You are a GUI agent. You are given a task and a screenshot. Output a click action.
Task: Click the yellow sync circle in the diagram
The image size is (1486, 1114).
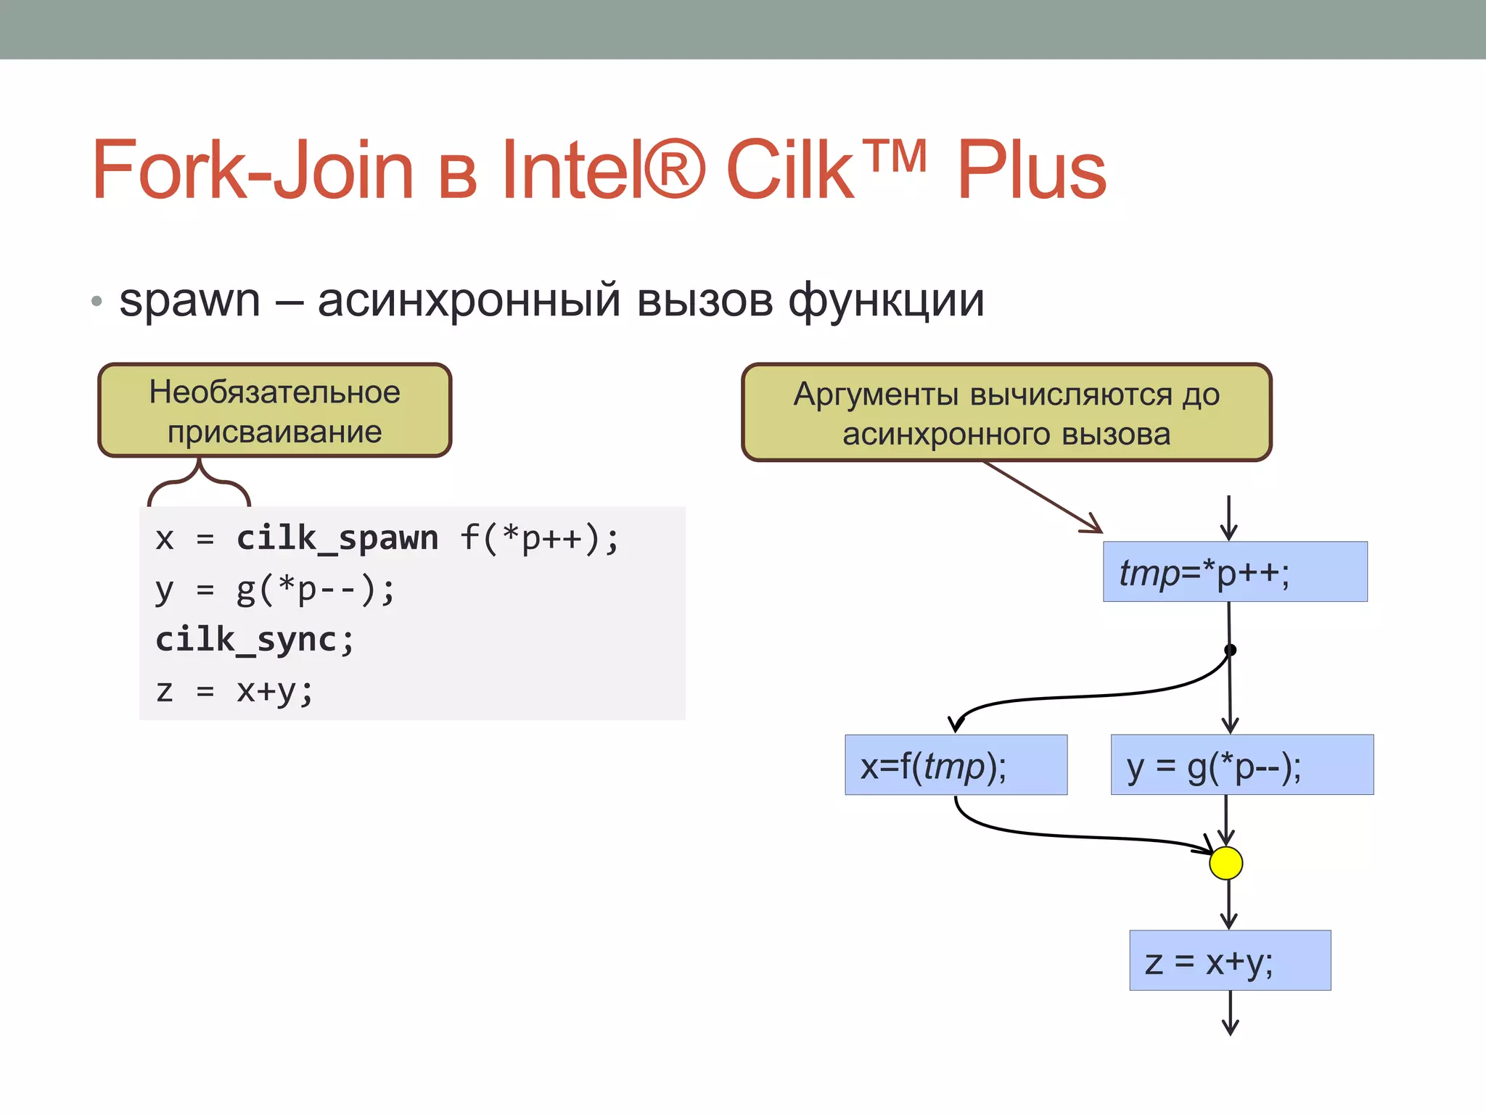1226,863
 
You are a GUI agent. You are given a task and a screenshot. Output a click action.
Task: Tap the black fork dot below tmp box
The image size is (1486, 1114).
1230,650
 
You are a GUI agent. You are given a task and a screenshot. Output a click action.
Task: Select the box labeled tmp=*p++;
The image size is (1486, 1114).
1235,572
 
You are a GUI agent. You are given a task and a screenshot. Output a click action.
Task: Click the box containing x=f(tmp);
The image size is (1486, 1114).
956,765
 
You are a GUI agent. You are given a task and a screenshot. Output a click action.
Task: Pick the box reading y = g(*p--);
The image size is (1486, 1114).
1241,765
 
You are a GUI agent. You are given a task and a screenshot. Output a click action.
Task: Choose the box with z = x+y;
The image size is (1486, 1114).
1230,960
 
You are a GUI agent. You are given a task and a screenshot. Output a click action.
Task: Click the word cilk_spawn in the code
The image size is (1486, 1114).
337,539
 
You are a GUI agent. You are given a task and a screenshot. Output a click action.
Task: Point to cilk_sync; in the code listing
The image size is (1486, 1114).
255,640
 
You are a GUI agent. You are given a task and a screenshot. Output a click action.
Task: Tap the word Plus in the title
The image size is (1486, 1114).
1031,170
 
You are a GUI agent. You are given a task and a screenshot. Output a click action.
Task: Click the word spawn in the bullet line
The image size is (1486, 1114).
189,300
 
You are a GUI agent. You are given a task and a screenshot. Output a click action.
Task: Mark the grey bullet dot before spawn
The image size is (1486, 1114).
97,301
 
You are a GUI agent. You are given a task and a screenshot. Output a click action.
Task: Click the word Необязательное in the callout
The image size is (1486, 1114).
274,392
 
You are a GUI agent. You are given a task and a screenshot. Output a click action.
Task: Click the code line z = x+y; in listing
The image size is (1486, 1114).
234,690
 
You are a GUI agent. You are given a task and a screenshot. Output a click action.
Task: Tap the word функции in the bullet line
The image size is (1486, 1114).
886,300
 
